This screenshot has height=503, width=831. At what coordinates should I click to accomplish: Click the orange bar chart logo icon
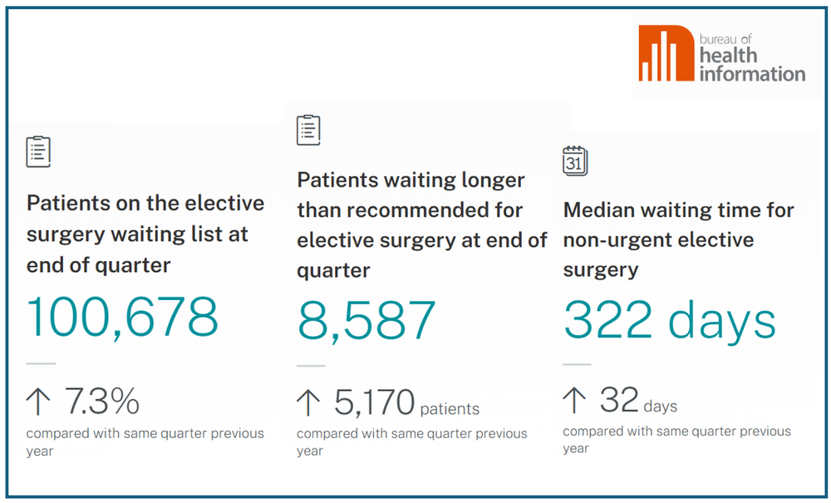click(665, 53)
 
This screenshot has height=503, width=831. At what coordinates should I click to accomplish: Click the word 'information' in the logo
click(752, 73)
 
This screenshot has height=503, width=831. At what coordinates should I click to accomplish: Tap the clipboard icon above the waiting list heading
click(38, 151)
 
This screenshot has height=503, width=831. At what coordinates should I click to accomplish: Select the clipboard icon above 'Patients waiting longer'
click(308, 130)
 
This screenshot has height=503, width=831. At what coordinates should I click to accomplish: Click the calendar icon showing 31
click(574, 160)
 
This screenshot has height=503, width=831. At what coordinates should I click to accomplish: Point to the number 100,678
click(122, 316)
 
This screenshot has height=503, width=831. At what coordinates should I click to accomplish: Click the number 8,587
click(366, 320)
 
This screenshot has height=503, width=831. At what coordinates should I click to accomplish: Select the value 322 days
click(669, 320)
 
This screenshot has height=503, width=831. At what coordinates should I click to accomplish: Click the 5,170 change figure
click(374, 403)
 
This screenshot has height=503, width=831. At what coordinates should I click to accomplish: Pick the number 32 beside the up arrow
click(618, 401)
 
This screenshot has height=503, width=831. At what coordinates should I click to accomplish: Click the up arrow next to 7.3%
click(38, 402)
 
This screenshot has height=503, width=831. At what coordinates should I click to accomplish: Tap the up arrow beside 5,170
click(308, 403)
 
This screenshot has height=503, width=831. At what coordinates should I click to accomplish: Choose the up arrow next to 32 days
click(574, 401)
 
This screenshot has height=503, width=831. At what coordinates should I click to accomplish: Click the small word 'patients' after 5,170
click(450, 409)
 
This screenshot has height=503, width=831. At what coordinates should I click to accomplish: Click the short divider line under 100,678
click(41, 363)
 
